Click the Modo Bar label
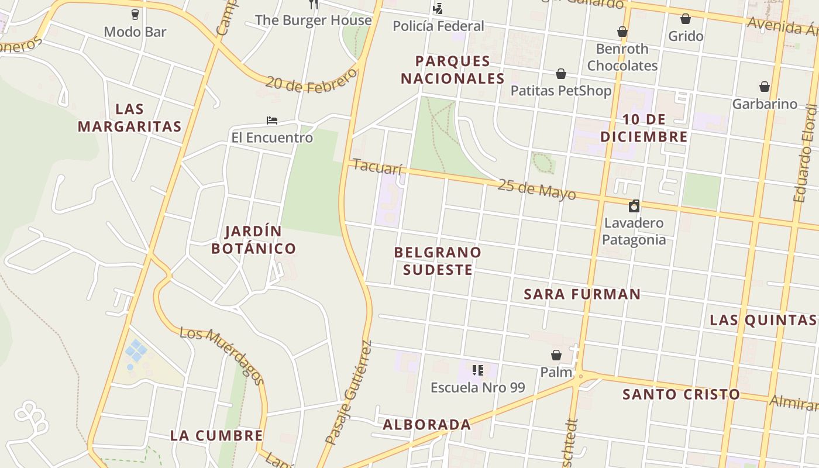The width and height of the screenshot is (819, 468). tap(135, 32)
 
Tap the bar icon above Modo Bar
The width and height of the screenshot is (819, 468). tap(135, 14)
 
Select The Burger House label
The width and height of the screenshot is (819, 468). tap(313, 20)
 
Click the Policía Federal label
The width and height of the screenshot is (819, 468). tap(438, 26)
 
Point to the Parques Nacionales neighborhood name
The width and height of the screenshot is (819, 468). tap(452, 70)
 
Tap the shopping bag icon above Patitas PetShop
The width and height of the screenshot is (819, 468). tap(561, 74)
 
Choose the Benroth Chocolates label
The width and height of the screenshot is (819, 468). tap(622, 57)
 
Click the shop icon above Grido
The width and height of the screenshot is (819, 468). tap(686, 19)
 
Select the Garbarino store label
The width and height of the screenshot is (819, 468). tap(765, 104)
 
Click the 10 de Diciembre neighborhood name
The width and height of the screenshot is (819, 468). tap(643, 128)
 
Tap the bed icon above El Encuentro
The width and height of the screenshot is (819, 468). tap(271, 121)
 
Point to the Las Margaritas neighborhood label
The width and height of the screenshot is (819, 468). tap(129, 118)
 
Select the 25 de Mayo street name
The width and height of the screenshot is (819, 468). tap(537, 190)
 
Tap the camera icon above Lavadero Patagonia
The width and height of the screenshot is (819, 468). tap(634, 206)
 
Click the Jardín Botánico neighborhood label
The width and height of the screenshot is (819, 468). tap(253, 240)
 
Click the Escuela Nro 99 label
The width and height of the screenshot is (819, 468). tap(477, 387)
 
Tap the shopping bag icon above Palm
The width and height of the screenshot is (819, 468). tap(556, 355)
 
